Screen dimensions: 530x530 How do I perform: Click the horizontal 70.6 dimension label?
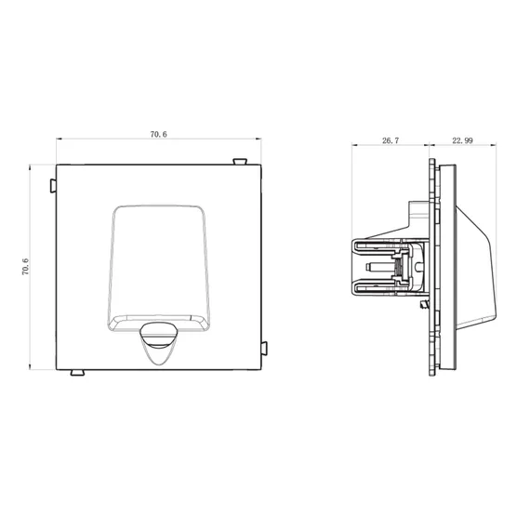[158, 135]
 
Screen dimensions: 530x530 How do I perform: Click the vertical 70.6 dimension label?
[26, 267]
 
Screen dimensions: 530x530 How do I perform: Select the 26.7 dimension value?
[391, 140]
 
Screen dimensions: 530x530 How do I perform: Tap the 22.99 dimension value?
[462, 140]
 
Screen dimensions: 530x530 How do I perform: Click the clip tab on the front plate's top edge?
[240, 162]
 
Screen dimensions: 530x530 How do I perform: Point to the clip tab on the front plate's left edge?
[53, 186]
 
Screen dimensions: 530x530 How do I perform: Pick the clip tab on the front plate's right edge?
[264, 349]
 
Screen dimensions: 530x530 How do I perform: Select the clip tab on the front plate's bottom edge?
[77, 373]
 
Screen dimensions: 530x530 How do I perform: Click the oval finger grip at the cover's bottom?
[159, 335]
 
